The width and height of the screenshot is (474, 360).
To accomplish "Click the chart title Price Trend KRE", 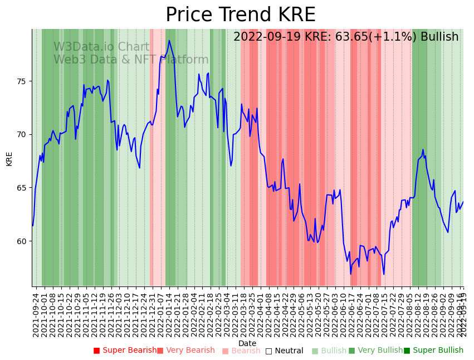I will pos(240,15).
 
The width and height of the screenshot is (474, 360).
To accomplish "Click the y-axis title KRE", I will pos(9,158).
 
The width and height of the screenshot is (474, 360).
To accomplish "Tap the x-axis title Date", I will pos(247,343).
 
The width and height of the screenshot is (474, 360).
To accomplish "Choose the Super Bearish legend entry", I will pos(125,351).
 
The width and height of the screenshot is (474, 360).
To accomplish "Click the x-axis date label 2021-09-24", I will pos(36,315).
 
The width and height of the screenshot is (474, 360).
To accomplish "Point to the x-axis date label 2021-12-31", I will pos(152,315).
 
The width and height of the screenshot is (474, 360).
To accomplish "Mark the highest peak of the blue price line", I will pos(169,40).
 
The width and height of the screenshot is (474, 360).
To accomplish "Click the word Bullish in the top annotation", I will pos(439,37).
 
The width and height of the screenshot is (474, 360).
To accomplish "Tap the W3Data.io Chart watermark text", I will pos(101,47).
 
